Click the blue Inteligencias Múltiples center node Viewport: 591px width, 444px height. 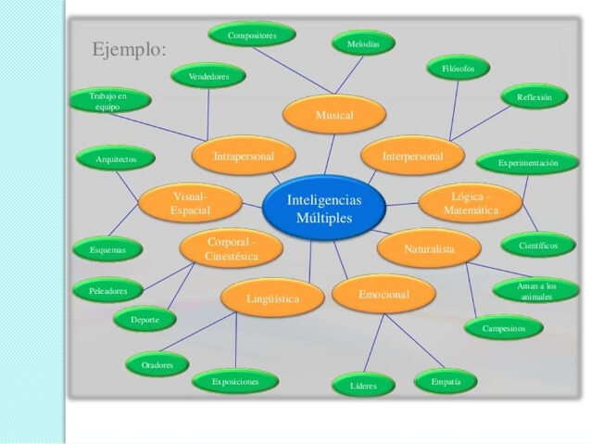324,208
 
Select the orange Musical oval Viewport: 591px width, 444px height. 334,114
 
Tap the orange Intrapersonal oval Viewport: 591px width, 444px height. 244,156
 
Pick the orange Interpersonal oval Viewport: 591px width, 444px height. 413,156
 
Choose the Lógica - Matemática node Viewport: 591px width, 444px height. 471,203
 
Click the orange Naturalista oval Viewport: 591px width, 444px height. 429,248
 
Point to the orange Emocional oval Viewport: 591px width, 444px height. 384,294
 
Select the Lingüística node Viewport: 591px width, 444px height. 272,298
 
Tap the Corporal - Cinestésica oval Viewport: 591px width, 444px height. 231,248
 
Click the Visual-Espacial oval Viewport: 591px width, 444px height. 190,203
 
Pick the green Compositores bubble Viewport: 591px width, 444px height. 252,34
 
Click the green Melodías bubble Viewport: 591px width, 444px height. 363,44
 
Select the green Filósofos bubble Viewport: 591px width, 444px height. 459,68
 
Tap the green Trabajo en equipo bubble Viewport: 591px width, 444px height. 110,101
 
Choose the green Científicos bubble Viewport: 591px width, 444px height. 538,246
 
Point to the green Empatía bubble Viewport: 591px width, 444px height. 446,381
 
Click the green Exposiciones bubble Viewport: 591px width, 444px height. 235,381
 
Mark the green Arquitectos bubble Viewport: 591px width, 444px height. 116,159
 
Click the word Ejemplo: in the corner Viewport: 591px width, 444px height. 130,49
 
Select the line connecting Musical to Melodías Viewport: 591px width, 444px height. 349,75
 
